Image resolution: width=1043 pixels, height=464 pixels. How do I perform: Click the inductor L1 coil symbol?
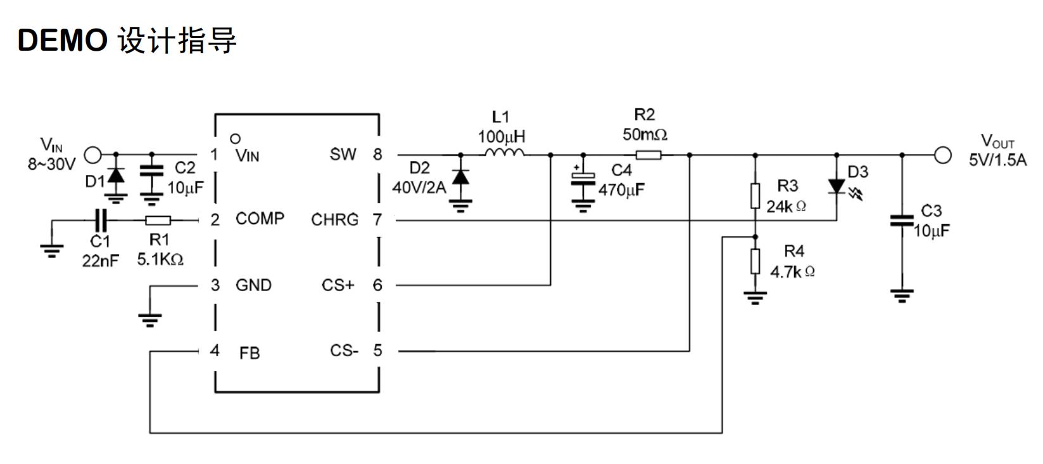505,153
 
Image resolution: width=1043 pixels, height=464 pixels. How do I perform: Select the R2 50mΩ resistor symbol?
648,155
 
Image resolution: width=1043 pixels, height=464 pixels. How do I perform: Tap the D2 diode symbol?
460,177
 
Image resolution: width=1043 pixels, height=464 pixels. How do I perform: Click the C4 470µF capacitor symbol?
583,180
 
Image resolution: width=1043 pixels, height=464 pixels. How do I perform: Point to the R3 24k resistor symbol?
755,196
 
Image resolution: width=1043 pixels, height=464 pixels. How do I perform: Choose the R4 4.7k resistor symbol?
755,261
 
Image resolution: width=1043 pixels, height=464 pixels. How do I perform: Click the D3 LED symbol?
837,186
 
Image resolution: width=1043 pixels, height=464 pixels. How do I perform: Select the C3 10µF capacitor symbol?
902,221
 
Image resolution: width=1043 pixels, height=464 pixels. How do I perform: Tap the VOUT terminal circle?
943,155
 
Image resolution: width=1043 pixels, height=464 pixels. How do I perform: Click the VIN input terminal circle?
93,154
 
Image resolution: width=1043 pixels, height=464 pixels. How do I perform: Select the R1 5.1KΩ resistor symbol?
158,221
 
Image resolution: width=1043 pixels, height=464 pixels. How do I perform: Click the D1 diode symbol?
116,176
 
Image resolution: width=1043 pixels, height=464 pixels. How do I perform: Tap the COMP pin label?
260,219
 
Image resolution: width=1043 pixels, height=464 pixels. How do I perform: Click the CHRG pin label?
334,220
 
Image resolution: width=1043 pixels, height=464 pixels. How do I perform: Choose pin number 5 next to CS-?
377,351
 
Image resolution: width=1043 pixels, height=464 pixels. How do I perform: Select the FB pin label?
250,353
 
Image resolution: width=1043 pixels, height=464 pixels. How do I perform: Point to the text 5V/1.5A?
997,160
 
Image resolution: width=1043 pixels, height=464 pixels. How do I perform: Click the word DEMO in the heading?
62,41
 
